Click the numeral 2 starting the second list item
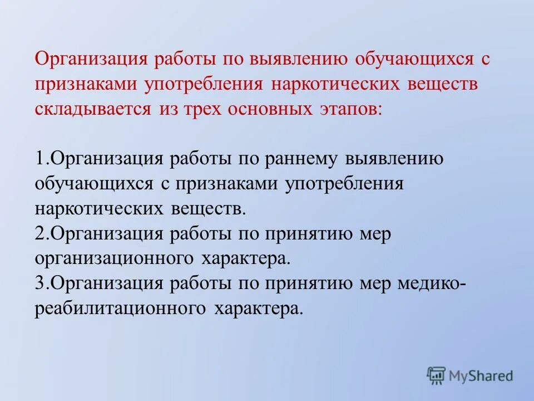(39, 234)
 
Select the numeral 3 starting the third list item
(39, 283)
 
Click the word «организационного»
(113, 259)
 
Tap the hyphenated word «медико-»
(432, 283)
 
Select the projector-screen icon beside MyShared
(437, 375)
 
